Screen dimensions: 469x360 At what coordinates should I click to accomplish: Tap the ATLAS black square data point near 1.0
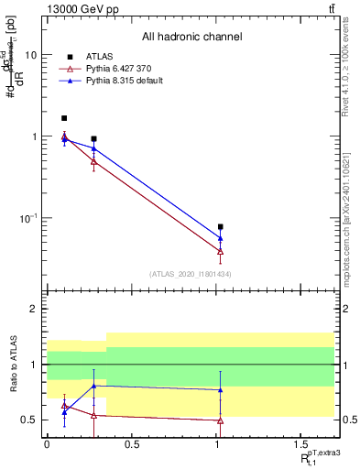(221, 226)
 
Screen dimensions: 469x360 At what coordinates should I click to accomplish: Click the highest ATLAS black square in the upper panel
(64, 118)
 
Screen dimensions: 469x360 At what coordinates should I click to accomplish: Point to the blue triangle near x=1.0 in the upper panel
(221, 238)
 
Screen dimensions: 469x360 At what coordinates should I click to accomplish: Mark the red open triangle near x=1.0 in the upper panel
(221, 251)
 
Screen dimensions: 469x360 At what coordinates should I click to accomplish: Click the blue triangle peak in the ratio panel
(93, 386)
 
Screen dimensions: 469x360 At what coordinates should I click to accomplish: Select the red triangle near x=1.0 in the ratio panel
(221, 420)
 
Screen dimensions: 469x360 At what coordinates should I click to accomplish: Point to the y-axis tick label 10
(31, 55)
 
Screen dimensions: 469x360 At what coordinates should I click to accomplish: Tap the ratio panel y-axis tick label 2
(35, 310)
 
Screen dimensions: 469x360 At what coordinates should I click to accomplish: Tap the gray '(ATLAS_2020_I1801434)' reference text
(191, 274)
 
